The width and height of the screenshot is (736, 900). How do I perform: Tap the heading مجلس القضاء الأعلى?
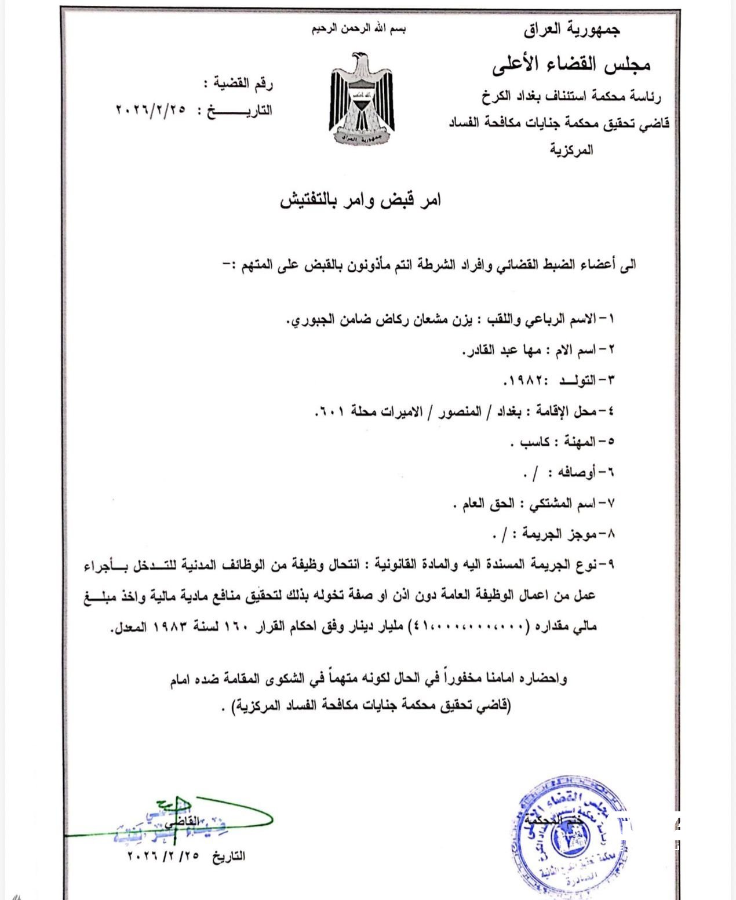pyautogui.click(x=571, y=65)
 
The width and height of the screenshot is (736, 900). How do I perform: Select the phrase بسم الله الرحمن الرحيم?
pyautogui.click(x=359, y=29)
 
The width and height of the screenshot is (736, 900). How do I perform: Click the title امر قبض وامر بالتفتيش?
pyautogui.click(x=360, y=200)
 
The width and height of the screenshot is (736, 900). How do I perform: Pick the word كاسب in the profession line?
pyautogui.click(x=535, y=442)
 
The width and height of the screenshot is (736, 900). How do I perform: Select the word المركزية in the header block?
pyautogui.click(x=571, y=150)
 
